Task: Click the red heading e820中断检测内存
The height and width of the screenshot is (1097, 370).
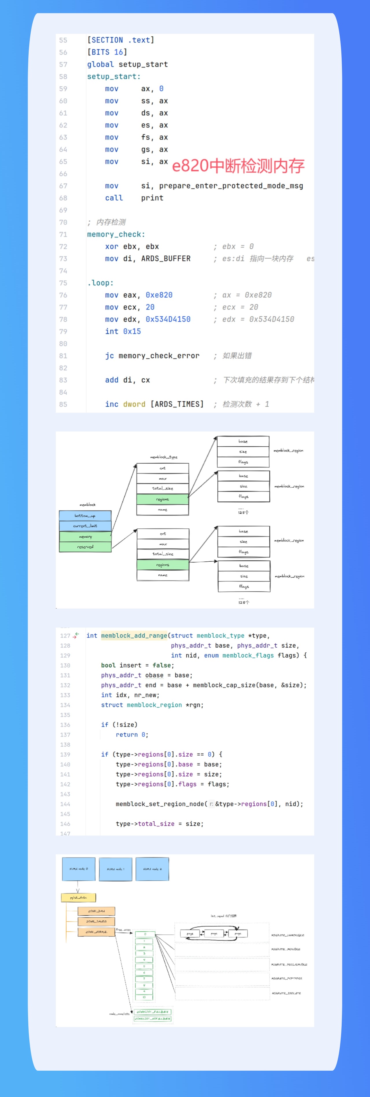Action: [238, 166]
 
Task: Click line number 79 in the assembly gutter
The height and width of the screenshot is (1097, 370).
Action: [63, 331]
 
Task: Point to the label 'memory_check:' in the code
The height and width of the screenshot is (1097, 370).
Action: [116, 234]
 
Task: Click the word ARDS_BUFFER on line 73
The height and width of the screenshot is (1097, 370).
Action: [166, 259]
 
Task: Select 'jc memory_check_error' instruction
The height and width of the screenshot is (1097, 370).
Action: [152, 355]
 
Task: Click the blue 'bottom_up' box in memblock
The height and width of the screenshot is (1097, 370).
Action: [85, 516]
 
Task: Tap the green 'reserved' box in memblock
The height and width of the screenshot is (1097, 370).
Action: [85, 547]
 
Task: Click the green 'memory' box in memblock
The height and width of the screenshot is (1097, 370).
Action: [85, 536]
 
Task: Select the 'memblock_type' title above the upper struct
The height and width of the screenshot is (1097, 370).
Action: [164, 457]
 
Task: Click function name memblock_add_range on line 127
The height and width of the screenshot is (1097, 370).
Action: [134, 635]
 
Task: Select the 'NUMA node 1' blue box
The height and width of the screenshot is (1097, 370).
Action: [115, 869]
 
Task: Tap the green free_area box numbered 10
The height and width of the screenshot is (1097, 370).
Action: [144, 997]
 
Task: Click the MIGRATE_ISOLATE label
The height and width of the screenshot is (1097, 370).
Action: [286, 993]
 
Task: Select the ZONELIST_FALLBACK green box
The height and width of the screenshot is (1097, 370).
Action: [152, 1011]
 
